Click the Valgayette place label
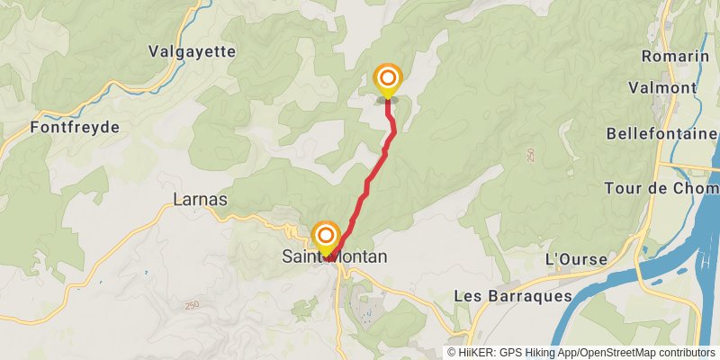[x=193, y=51]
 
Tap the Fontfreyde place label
[x=75, y=127]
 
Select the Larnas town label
[x=199, y=199]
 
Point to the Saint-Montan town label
[x=335, y=257]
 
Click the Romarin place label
[x=675, y=56]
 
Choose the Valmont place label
[x=662, y=87]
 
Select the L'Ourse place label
[x=577, y=259]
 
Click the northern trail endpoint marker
[x=388, y=78]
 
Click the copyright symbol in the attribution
[x=453, y=352]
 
